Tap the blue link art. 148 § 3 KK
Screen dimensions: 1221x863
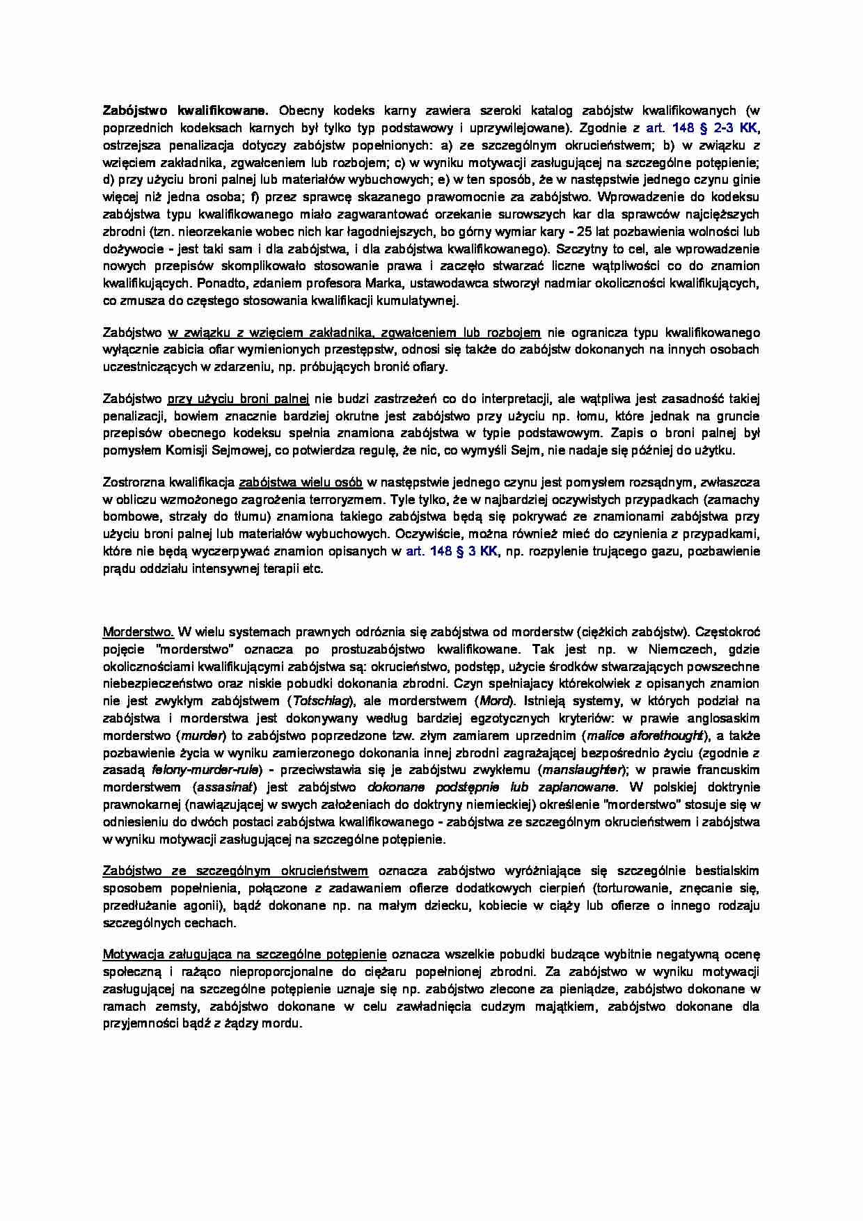click(452, 551)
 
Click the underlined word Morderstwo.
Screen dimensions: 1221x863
click(138, 632)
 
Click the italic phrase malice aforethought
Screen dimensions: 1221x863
click(644, 736)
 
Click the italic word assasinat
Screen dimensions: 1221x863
click(225, 787)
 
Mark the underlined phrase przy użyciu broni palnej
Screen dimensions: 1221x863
click(239, 400)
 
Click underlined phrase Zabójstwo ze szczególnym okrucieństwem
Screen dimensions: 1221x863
click(235, 871)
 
